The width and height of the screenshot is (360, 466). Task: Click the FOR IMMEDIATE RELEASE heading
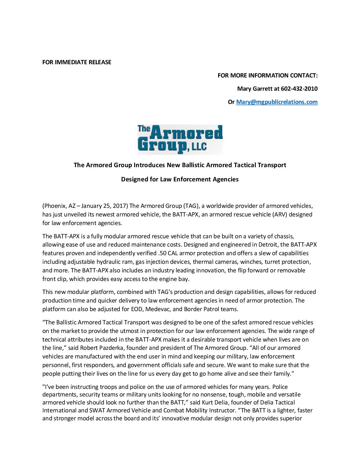77,62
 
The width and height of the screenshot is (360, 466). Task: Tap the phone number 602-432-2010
299,89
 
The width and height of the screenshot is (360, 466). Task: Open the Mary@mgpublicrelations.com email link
277,102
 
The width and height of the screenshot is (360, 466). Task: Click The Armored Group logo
180,139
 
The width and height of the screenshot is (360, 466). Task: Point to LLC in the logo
199,146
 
